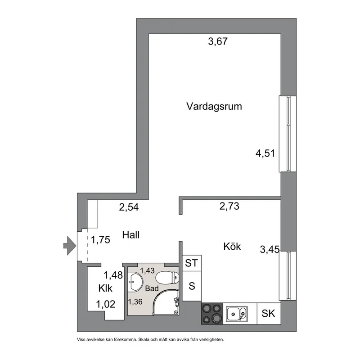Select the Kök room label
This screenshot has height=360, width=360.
(x=232, y=247)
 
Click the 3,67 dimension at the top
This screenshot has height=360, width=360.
(x=218, y=42)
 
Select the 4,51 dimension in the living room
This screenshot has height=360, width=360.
(x=265, y=154)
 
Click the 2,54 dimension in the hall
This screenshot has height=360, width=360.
(x=129, y=207)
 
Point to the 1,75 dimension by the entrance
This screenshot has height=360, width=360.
(x=100, y=240)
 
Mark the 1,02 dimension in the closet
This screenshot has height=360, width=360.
(x=105, y=304)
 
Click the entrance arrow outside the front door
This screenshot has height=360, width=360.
(x=69, y=245)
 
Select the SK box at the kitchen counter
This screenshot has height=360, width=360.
(x=269, y=313)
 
